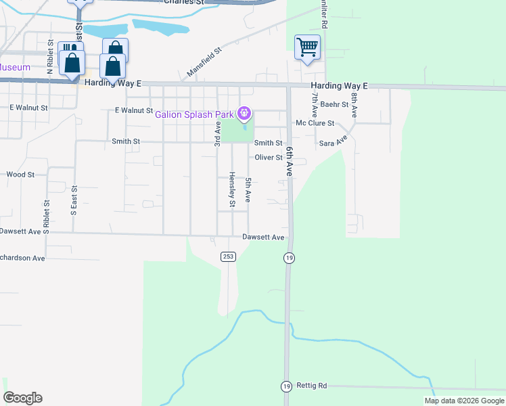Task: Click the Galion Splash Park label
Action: coord(194,114)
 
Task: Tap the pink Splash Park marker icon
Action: coord(246,113)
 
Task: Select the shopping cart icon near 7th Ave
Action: coord(307,47)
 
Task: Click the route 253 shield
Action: coord(228,256)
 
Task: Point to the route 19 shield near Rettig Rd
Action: coord(287,386)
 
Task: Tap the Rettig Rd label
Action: coord(313,386)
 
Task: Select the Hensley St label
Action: coord(231,189)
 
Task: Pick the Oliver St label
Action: coord(269,158)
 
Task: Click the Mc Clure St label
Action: coord(315,123)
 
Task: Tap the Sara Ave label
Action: coord(332,140)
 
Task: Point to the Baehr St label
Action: coord(334,104)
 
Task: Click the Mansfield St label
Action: coord(205,61)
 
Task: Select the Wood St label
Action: coord(20,175)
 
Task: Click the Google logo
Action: coord(22,398)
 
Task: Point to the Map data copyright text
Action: coord(463,401)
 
